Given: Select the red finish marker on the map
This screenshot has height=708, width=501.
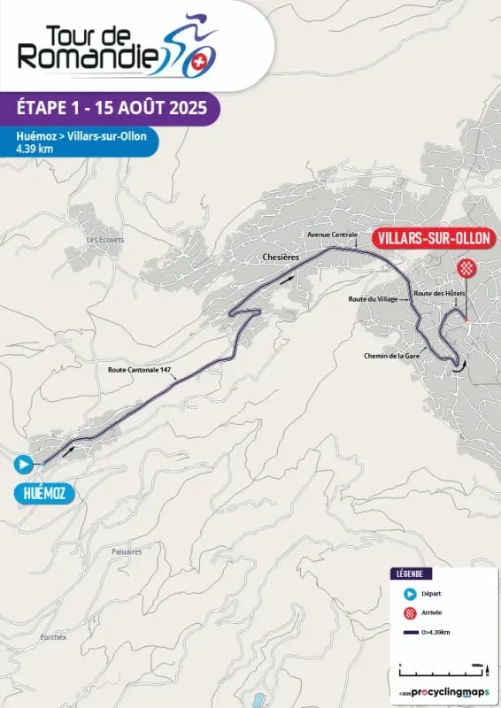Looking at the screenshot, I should pos(466,268).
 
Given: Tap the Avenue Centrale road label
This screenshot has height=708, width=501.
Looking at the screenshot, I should pos(332,235).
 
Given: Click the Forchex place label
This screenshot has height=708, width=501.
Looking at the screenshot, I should pos(54,636).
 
